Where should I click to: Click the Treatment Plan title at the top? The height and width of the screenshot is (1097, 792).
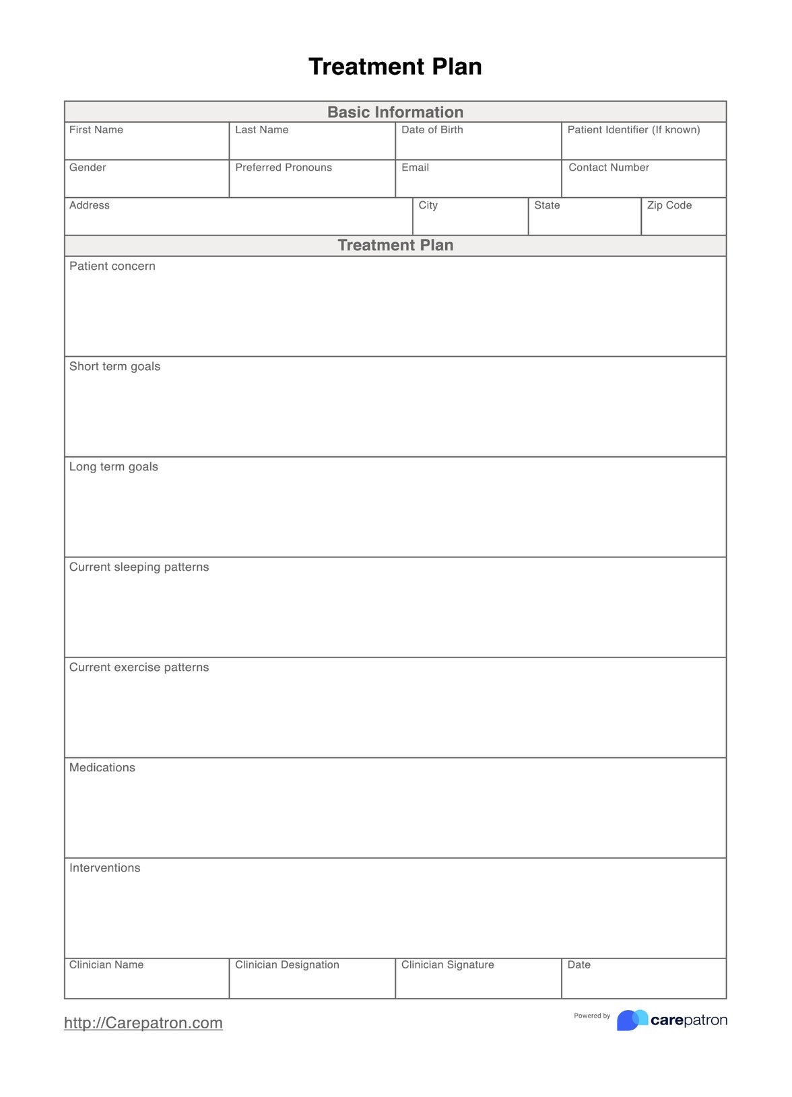click(x=395, y=67)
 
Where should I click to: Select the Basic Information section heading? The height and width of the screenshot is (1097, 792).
click(x=395, y=112)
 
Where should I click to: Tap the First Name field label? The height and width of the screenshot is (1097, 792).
click(x=96, y=130)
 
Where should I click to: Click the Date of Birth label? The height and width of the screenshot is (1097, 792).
click(x=432, y=130)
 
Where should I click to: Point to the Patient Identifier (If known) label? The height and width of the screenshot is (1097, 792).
click(x=634, y=130)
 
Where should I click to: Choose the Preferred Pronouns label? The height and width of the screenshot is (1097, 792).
click(x=284, y=168)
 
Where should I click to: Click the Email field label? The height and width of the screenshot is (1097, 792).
click(x=415, y=168)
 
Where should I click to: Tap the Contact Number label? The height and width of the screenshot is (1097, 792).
click(x=609, y=168)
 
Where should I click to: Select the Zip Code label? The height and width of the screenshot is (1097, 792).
click(x=669, y=205)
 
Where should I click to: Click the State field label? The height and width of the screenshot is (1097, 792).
click(x=547, y=205)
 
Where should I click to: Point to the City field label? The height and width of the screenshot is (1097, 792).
click(x=428, y=205)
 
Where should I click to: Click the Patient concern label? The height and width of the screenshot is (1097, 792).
click(x=112, y=266)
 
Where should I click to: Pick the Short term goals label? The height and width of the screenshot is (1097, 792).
click(x=115, y=366)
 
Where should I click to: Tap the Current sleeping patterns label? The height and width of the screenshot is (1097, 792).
click(x=139, y=567)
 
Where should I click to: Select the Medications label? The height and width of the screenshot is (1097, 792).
click(x=102, y=767)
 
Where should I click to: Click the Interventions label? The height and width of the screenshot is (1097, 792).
click(x=105, y=868)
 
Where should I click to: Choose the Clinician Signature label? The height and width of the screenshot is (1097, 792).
click(x=448, y=964)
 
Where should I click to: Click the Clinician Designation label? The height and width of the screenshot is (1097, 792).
click(x=287, y=964)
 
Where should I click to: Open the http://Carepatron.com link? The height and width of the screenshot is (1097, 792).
click(x=143, y=1023)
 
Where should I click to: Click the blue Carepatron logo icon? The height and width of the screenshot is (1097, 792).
click(x=632, y=1020)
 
